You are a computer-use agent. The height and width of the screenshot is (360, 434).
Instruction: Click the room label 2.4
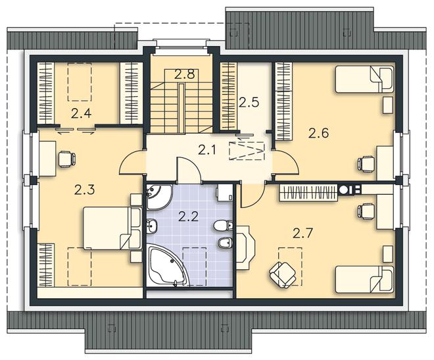click(x=81, y=114)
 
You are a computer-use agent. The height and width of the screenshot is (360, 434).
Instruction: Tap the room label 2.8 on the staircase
click(x=185, y=75)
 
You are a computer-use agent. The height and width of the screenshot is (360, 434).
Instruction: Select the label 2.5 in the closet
click(x=249, y=103)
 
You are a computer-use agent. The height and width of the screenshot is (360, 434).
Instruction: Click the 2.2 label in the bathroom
click(x=189, y=217)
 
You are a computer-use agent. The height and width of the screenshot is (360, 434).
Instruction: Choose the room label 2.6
click(x=318, y=133)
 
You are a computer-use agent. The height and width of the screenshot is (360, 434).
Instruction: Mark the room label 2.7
click(x=302, y=234)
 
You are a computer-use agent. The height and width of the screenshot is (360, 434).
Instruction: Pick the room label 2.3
click(x=85, y=190)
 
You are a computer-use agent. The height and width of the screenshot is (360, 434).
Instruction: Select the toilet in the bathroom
click(x=224, y=226)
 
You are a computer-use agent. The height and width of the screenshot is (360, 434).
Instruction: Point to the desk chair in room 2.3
click(x=66, y=159)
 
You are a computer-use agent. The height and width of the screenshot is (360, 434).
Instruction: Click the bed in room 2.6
click(x=364, y=79)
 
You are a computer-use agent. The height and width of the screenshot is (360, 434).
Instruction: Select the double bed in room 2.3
click(x=112, y=228)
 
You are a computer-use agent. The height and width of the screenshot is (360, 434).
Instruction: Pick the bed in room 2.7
click(x=364, y=280)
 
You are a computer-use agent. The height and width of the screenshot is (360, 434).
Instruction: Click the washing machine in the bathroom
click(x=224, y=192)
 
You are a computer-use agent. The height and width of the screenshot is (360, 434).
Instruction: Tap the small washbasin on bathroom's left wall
click(x=151, y=225)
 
